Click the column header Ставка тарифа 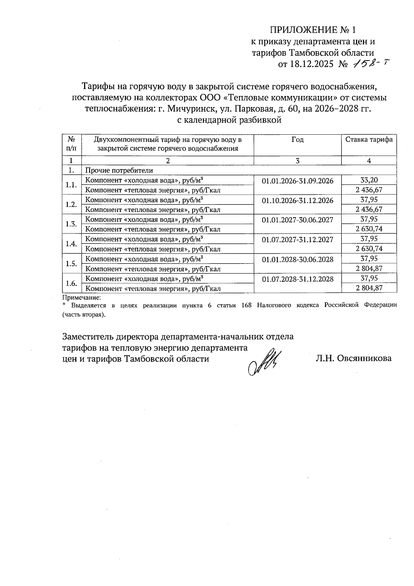[x=369, y=140]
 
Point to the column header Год [x=297, y=140]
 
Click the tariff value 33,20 [x=369, y=180]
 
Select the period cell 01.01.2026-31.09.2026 [x=297, y=181]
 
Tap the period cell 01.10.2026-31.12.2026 [x=297, y=201]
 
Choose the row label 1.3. [x=71, y=224]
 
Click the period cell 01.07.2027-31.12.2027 [x=297, y=240]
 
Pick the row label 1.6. [x=71, y=284]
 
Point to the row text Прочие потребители [x=119, y=170]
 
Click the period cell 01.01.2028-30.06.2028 [x=297, y=259]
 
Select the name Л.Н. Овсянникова [x=353, y=358]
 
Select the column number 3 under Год [x=297, y=161]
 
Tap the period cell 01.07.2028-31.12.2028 [x=297, y=279]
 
